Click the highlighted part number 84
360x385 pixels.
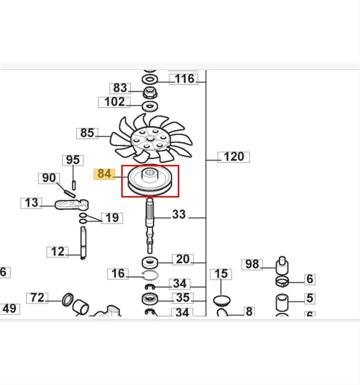coord(104,174)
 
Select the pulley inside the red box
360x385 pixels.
coord(150,181)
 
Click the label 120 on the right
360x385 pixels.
coord(233,157)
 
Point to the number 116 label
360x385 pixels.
coord(184,79)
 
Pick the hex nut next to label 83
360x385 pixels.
coord(149,92)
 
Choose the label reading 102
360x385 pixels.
coord(114,102)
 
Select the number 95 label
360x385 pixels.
coord(73,160)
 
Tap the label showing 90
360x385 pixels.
coord(49,178)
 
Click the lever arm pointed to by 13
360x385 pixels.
coord(71,205)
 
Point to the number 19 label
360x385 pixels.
coord(112,218)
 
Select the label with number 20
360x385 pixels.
coord(183,259)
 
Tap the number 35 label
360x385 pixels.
coord(183,298)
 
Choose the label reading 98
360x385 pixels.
coord(252,265)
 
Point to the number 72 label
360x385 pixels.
coord(37,299)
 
